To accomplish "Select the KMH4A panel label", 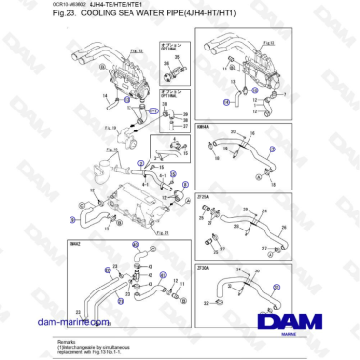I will pyautogui.click(x=203, y=126).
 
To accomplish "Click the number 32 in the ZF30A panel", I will pyautogui.click(x=206, y=300).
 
